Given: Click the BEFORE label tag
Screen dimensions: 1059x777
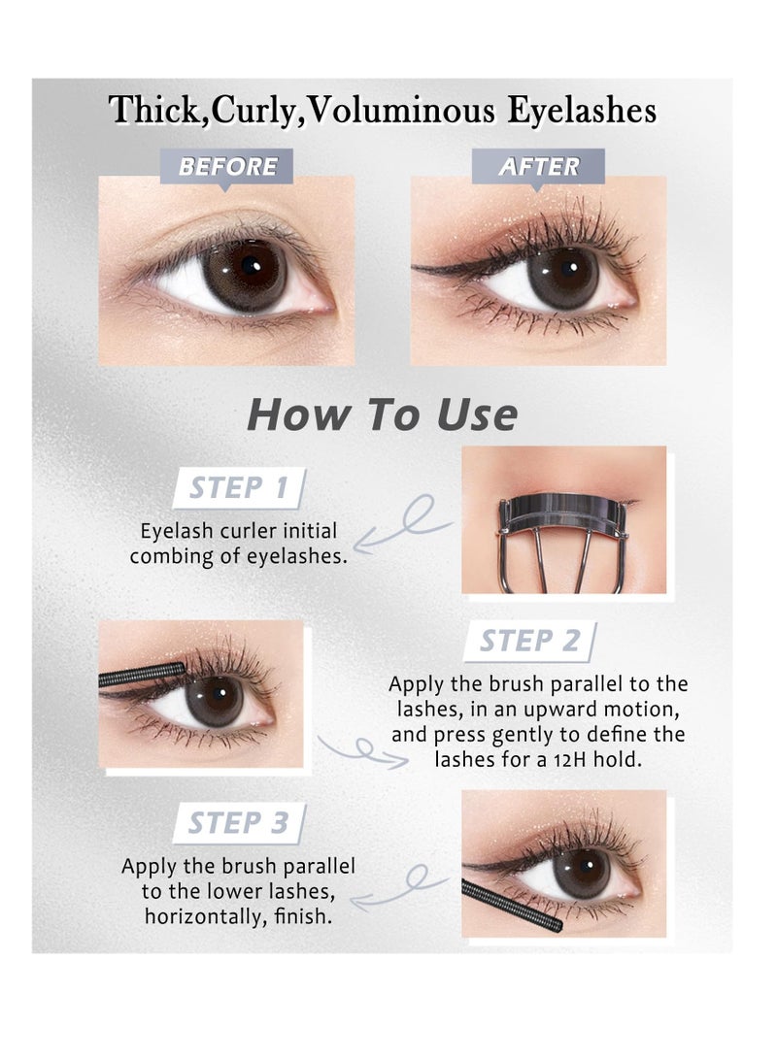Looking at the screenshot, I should (227, 166).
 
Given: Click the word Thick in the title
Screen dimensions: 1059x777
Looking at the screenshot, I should (156, 111).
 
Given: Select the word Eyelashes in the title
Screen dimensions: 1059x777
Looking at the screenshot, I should (581, 111).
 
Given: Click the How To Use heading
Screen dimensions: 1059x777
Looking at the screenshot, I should (382, 414).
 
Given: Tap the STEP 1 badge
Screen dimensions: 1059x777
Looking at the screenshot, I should (238, 487).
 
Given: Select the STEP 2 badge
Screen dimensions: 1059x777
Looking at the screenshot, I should (529, 641).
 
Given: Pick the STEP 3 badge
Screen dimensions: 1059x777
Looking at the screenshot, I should (238, 823).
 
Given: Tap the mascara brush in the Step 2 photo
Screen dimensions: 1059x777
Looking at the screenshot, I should (142, 675).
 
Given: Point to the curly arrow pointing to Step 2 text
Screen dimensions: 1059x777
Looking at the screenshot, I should (361, 750).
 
